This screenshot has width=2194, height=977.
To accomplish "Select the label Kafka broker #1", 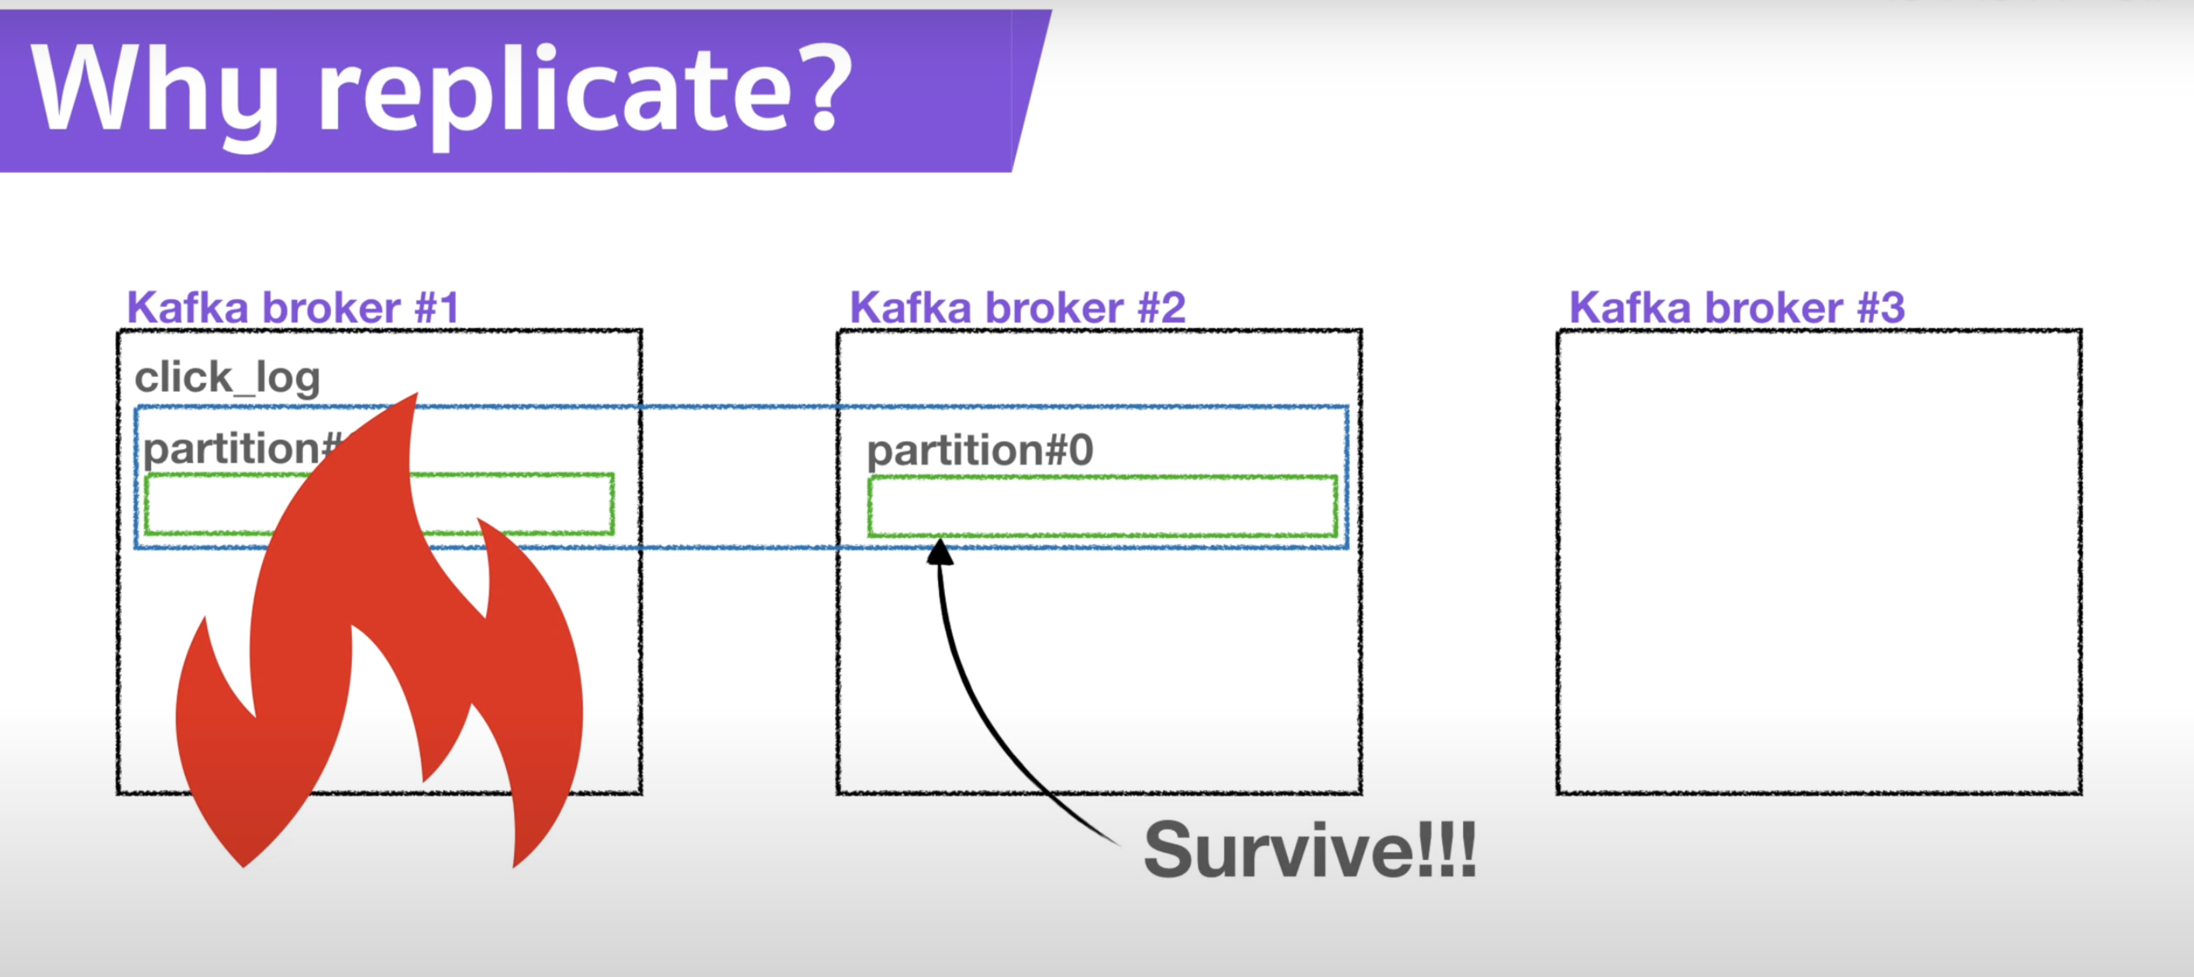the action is click(292, 308).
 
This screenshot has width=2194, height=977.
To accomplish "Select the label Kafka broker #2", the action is click(1017, 308).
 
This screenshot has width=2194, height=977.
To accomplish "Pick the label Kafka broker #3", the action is click(1737, 308).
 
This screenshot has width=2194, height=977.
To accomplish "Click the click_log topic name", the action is click(227, 378).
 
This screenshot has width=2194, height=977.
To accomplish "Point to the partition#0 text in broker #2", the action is click(979, 450).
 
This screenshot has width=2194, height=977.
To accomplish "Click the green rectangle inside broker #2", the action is click(1102, 507).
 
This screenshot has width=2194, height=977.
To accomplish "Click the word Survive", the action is click(1278, 850).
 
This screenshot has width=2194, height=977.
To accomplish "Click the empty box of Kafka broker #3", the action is click(1819, 562).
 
